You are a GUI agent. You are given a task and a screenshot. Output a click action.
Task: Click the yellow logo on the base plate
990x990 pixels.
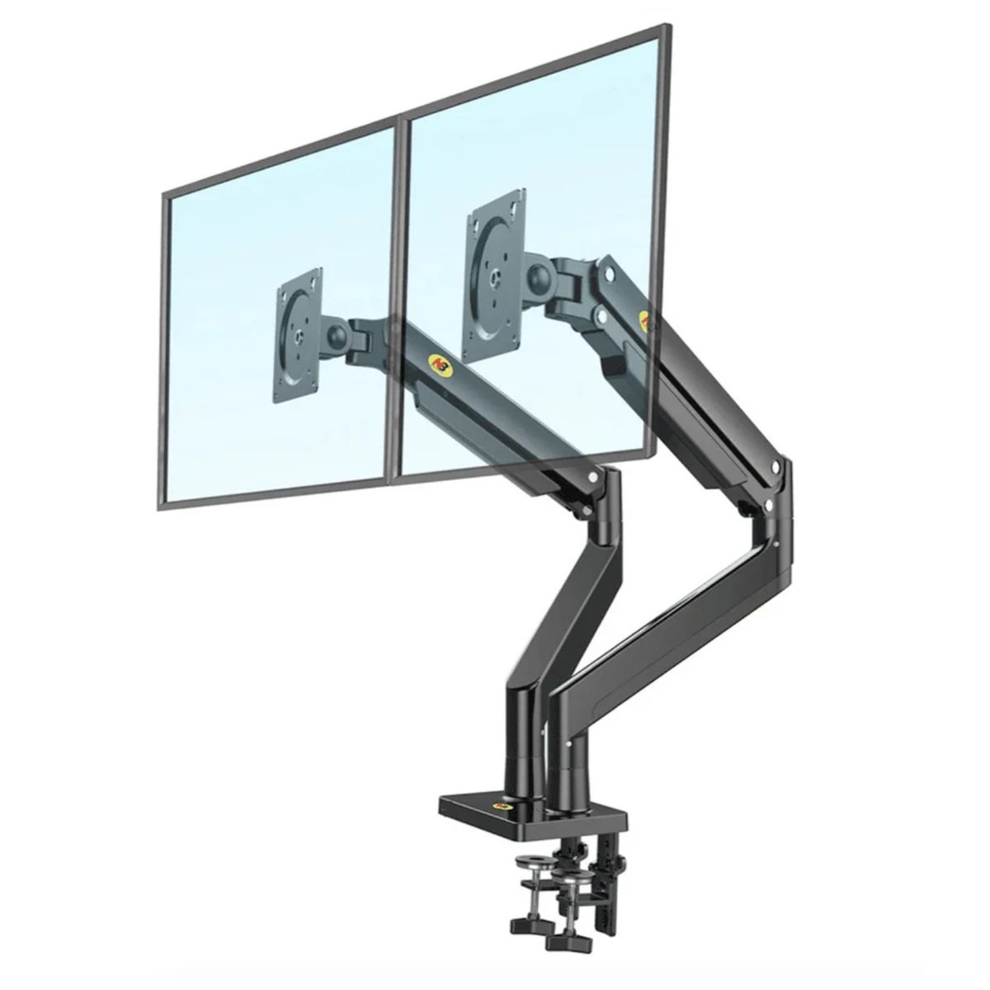tap(502, 805)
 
